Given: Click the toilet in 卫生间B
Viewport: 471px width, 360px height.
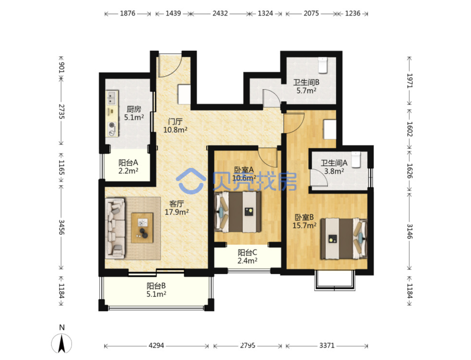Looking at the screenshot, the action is click(x=322, y=65).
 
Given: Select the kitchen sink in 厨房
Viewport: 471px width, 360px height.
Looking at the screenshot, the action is click(x=112, y=98).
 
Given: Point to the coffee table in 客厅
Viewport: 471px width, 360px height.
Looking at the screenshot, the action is click(x=142, y=228).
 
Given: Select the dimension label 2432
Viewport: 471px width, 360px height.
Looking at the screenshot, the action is click(x=220, y=13).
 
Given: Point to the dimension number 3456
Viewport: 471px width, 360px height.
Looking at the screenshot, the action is click(x=62, y=227).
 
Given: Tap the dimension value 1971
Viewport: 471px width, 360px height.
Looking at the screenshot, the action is click(x=409, y=81).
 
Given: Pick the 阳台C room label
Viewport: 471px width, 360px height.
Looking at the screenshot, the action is click(x=247, y=253).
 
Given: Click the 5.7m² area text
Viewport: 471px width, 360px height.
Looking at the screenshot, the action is click(x=306, y=90).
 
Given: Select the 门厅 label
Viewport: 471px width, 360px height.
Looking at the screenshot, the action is click(x=175, y=121).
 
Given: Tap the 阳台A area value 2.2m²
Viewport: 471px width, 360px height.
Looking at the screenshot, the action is click(x=128, y=171).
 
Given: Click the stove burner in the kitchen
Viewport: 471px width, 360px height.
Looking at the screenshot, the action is click(x=112, y=124).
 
